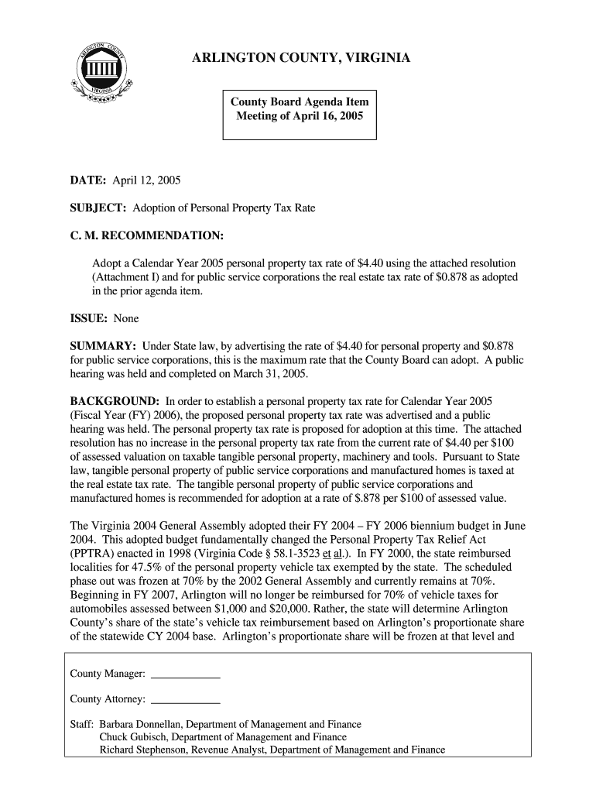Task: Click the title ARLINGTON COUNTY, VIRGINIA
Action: pos(301,59)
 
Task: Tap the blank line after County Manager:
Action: pos(186,676)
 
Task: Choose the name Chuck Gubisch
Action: pos(134,737)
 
